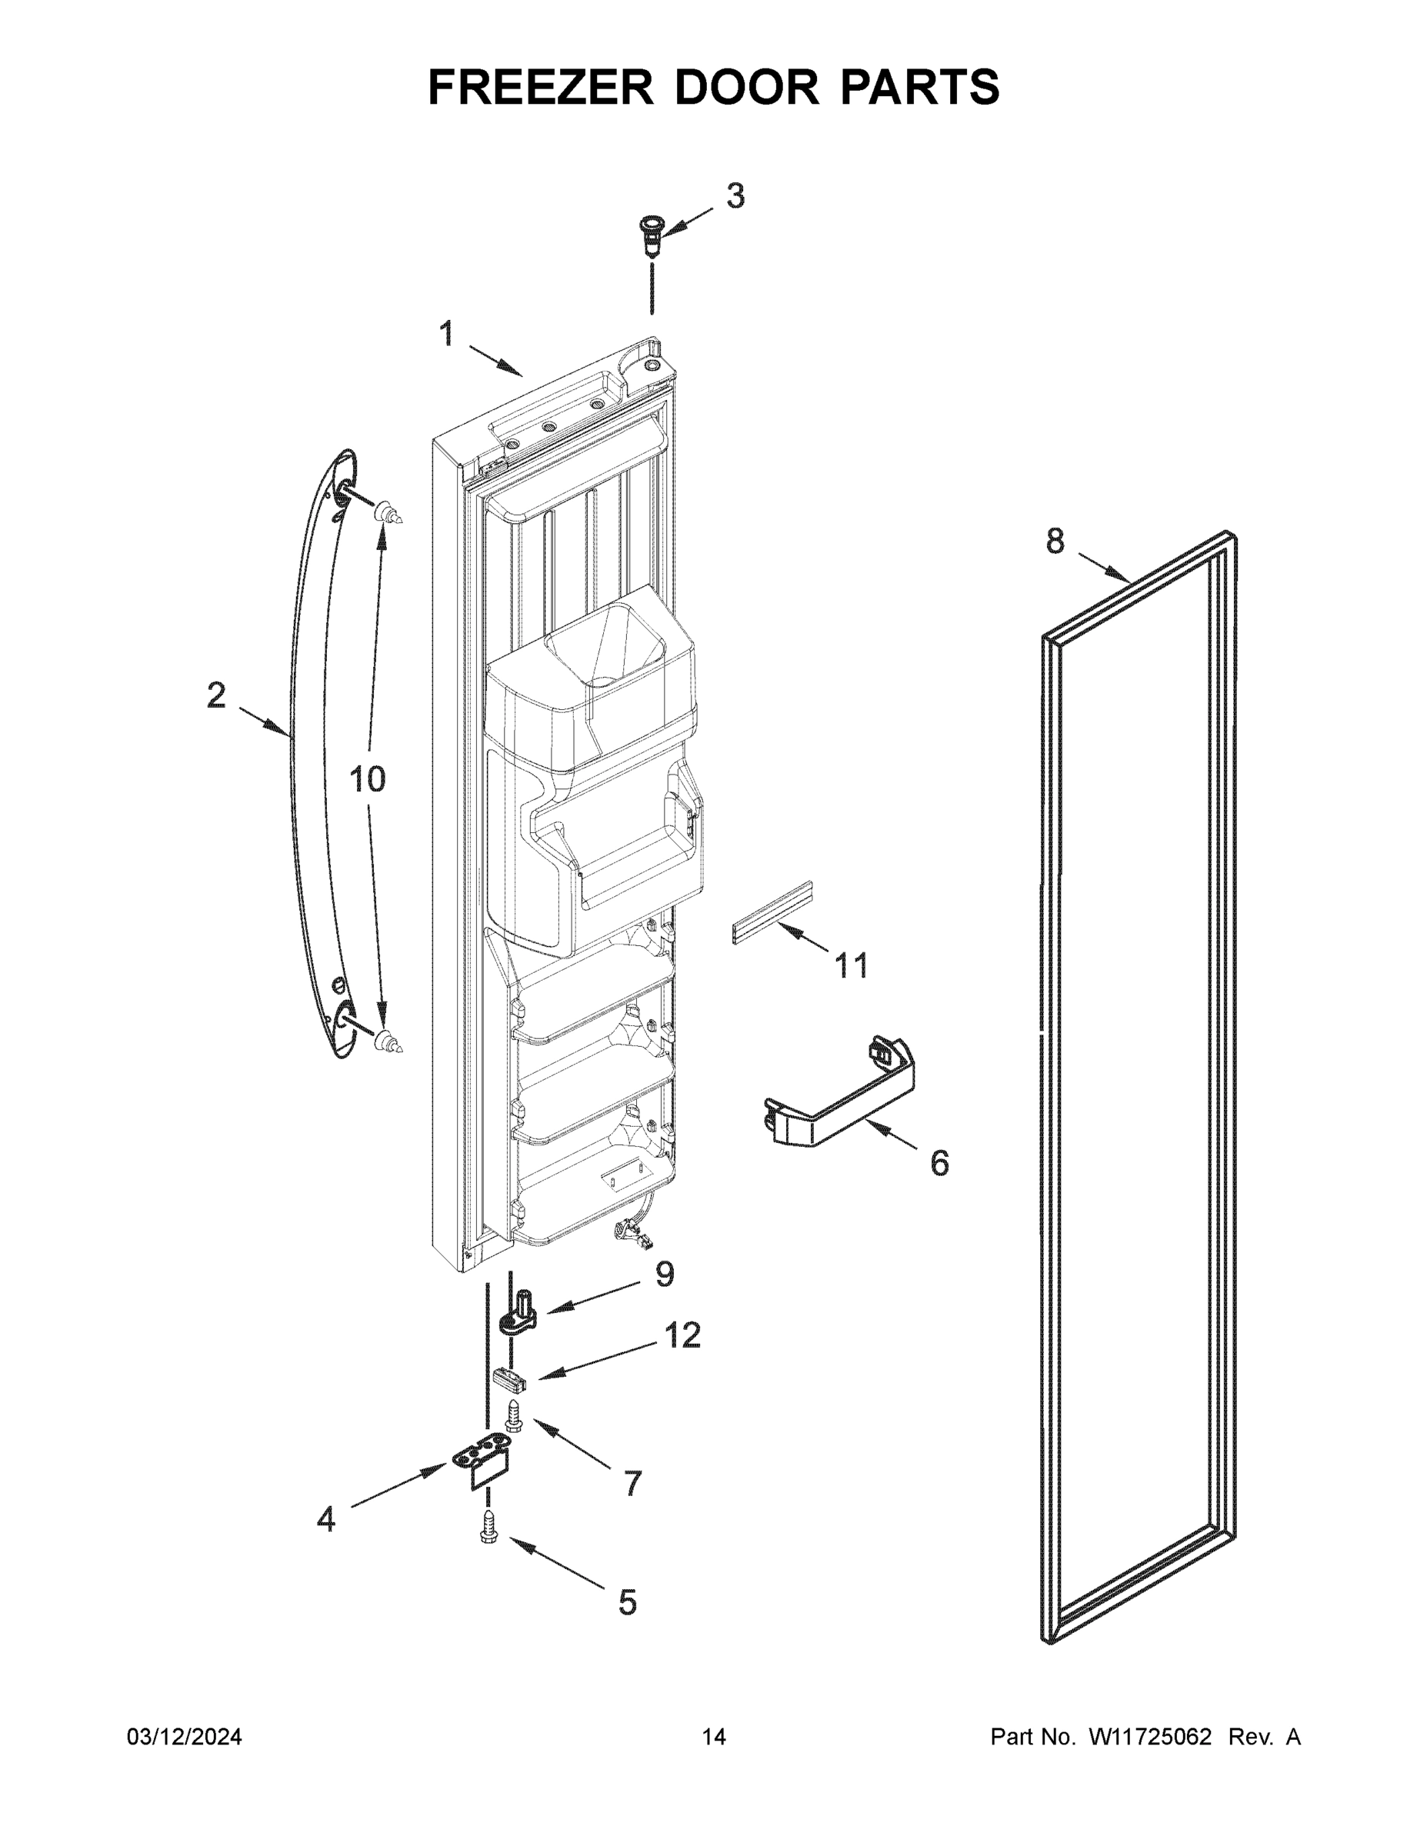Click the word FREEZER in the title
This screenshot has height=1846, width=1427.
[540, 87]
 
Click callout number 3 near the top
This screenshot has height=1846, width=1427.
[735, 196]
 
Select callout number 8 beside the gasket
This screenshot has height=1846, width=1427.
[1055, 541]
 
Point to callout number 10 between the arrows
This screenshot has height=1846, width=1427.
[368, 779]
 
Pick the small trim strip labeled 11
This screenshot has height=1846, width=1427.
[771, 913]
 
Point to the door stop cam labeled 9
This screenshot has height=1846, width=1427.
[521, 1318]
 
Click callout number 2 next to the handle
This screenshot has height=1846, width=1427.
[216, 695]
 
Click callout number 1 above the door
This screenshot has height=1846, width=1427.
[446, 335]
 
